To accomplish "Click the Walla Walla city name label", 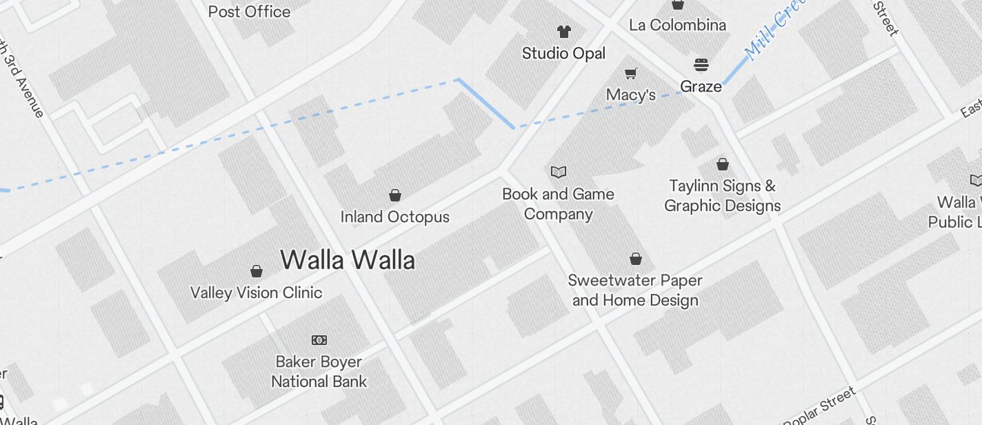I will click(x=348, y=260).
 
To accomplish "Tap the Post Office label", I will click(x=249, y=11).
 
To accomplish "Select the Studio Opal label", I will click(x=563, y=53).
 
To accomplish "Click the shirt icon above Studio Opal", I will click(x=564, y=31).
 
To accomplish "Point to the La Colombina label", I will click(x=677, y=25).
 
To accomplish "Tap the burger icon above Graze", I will click(x=701, y=65).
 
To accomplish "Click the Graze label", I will click(x=701, y=86).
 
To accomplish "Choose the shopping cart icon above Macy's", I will click(x=630, y=72).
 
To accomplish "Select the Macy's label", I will click(x=630, y=95).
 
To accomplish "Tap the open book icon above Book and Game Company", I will click(x=559, y=172).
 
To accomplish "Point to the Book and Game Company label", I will click(x=558, y=204).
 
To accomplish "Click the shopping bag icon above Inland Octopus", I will click(x=395, y=195).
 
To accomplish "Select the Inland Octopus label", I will click(x=394, y=217).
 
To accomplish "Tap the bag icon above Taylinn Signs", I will click(x=722, y=164).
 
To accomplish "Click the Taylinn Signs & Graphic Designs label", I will click(x=722, y=196).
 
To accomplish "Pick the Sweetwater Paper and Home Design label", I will click(x=635, y=290).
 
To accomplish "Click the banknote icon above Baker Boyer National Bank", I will click(x=319, y=339).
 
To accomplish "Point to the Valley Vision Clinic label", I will click(x=256, y=293).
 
